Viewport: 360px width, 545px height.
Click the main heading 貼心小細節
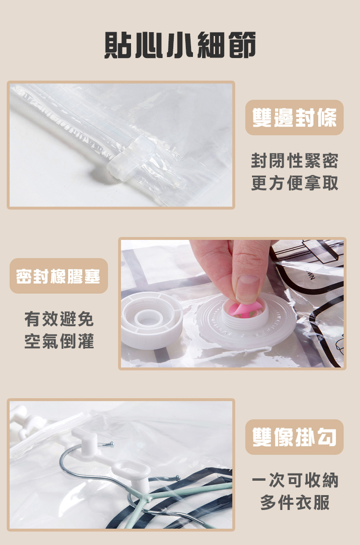pyautogui.click(x=180, y=45)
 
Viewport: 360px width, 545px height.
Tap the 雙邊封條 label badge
pyautogui.click(x=294, y=118)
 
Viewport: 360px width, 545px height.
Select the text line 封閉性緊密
pyautogui.click(x=295, y=161)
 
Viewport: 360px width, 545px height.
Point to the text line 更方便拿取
pyautogui.click(x=295, y=183)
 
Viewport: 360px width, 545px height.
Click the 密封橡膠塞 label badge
pyautogui.click(x=59, y=276)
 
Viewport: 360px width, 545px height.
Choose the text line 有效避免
pyautogui.click(x=59, y=319)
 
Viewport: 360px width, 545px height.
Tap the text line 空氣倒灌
pyautogui.click(x=59, y=341)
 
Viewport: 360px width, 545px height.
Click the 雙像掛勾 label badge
pyautogui.click(x=294, y=437)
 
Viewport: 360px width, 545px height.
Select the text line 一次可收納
pyautogui.click(x=295, y=480)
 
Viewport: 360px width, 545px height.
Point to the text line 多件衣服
pyautogui.click(x=295, y=503)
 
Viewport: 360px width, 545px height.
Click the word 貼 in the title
pyautogui.click(x=117, y=45)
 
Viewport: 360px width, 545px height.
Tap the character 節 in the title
pyautogui.click(x=243, y=45)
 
